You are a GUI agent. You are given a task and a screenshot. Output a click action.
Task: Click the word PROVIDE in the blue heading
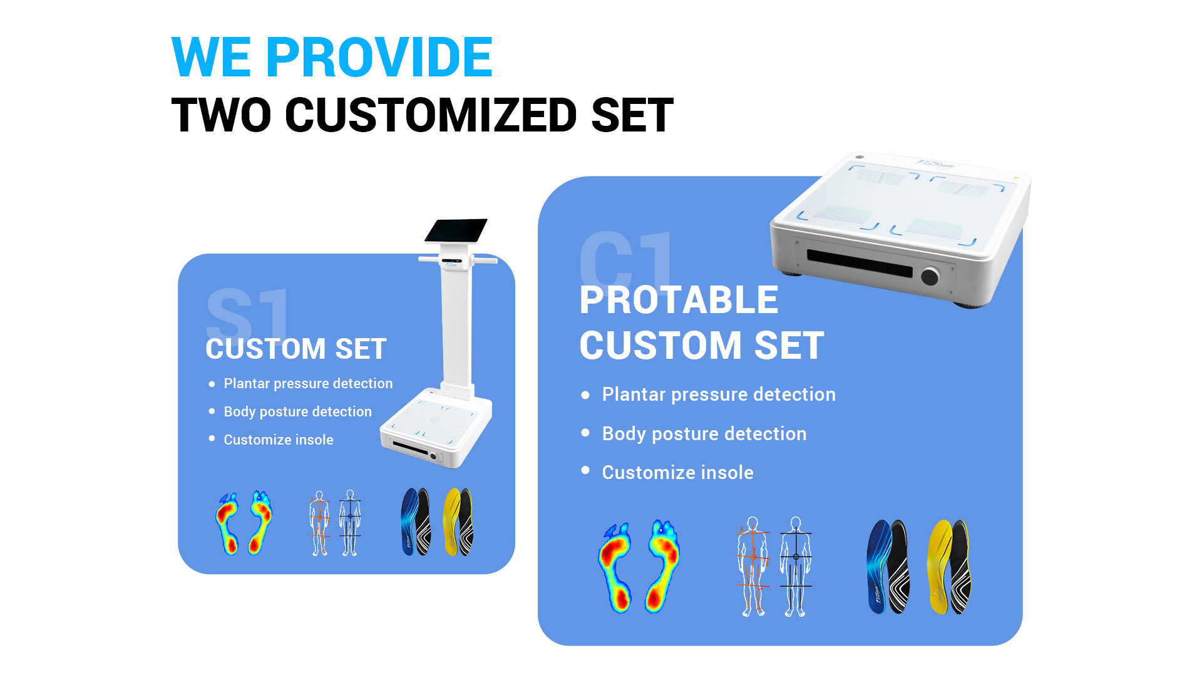[x=379, y=57]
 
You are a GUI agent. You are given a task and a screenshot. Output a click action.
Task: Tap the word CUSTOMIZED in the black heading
[x=430, y=115]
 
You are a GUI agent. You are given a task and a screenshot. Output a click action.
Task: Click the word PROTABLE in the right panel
[x=679, y=300]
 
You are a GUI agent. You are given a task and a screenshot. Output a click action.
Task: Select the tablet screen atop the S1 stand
[x=456, y=230]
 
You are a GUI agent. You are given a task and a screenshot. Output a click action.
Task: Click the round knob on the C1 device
[x=930, y=276]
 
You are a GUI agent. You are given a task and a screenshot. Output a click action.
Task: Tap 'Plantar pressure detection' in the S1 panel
[x=308, y=383]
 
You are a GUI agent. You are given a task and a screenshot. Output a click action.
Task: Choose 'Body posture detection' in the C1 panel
[x=704, y=433]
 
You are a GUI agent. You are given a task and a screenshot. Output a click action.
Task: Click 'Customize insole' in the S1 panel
[x=279, y=440]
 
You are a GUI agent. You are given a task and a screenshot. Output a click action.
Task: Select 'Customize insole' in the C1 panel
[x=677, y=472]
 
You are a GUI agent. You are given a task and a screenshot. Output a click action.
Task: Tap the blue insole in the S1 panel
[x=411, y=522]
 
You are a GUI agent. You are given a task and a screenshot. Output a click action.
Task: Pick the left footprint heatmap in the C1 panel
[x=615, y=568]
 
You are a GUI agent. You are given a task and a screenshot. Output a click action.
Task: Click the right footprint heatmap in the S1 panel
[x=260, y=522]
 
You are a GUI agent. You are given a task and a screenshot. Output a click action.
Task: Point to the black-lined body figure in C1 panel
[x=796, y=566]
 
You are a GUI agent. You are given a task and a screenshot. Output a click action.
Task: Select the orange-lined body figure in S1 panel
[x=319, y=523]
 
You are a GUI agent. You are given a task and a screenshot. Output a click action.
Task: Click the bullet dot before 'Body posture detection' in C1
[x=585, y=433]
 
